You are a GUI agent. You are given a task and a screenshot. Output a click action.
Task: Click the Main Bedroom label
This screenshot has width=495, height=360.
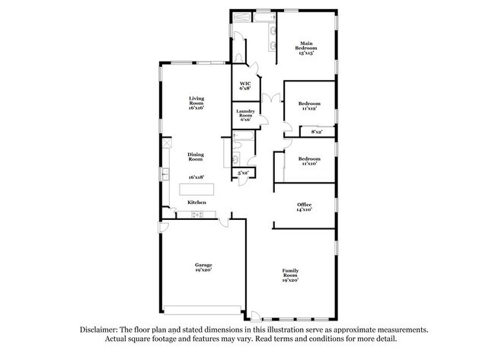point(307,48)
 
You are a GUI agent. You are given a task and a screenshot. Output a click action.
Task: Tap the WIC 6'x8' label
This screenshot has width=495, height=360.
point(245,87)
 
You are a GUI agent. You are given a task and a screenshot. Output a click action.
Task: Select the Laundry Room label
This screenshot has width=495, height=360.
point(245,116)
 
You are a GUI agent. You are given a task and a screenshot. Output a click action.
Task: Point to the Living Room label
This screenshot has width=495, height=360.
point(196,102)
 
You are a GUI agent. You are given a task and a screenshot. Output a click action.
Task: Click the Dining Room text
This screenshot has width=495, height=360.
point(196,156)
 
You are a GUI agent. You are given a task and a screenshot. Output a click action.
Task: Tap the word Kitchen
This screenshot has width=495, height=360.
point(196,202)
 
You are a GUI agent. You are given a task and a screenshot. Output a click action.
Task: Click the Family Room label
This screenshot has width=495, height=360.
point(290,275)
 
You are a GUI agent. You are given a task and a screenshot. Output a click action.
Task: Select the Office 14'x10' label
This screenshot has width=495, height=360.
point(304,206)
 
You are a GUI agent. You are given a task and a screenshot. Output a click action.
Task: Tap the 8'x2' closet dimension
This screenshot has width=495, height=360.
point(317,132)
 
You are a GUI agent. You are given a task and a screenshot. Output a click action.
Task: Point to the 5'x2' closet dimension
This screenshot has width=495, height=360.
point(244,174)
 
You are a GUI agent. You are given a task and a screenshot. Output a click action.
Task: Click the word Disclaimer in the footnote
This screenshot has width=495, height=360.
point(101,330)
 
